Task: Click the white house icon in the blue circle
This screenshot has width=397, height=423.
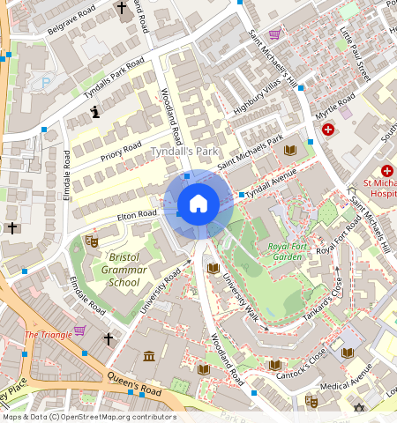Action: (198, 204)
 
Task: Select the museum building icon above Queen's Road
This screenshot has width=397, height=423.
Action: (148, 357)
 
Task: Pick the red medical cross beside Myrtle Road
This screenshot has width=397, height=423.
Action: (328, 129)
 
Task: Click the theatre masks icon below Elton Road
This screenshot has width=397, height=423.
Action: (91, 241)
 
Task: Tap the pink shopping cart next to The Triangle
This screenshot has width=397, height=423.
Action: (79, 331)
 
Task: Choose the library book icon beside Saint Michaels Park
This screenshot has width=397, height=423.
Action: (289, 151)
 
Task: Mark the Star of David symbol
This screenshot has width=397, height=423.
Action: (358, 408)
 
